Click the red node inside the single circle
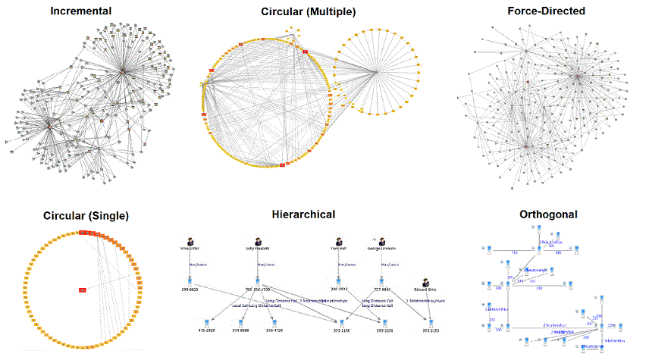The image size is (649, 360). pyautogui.click(x=83, y=290)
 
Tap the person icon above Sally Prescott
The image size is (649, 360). pyautogui.click(x=259, y=237)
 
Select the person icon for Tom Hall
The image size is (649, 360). pyautogui.click(x=339, y=237)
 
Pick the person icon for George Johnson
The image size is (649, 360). pyautogui.click(x=382, y=237)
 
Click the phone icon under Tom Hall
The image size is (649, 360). pyautogui.click(x=339, y=280)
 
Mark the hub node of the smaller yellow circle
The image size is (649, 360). pyautogui.click(x=377, y=72)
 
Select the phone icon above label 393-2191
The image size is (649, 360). pyautogui.click(x=383, y=321)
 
